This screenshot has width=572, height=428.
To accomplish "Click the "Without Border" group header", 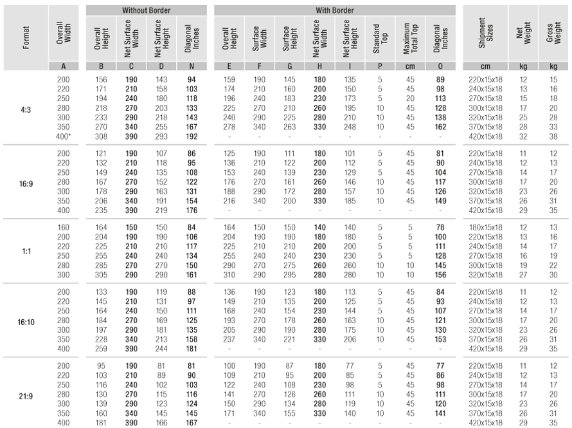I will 145,11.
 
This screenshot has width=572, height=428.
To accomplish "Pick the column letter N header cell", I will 191,66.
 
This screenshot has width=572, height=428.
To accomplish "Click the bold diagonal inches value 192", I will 191,137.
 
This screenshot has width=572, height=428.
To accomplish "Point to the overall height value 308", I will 100,137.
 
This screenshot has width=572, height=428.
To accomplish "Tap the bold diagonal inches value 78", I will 440,227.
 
